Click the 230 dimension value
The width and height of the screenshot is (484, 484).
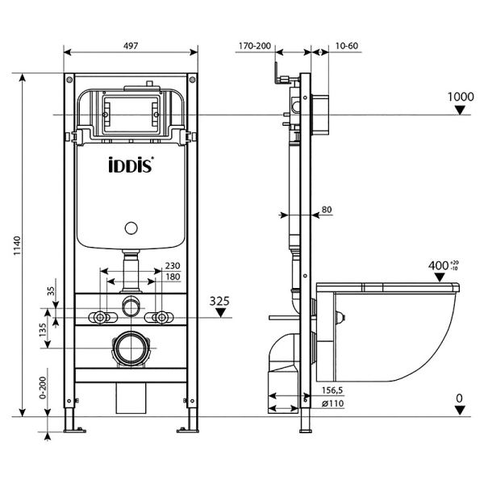[173, 265]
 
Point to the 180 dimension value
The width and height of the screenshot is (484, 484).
[173, 277]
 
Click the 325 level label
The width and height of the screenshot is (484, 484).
[220, 301]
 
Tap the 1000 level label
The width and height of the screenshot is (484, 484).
[461, 97]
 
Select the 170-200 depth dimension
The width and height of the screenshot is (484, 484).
[255, 47]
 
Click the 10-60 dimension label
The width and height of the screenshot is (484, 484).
[346, 47]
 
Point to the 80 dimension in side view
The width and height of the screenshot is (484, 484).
[327, 211]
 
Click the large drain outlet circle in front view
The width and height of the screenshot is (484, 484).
[131, 349]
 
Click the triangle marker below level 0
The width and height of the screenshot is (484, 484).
[460, 411]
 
